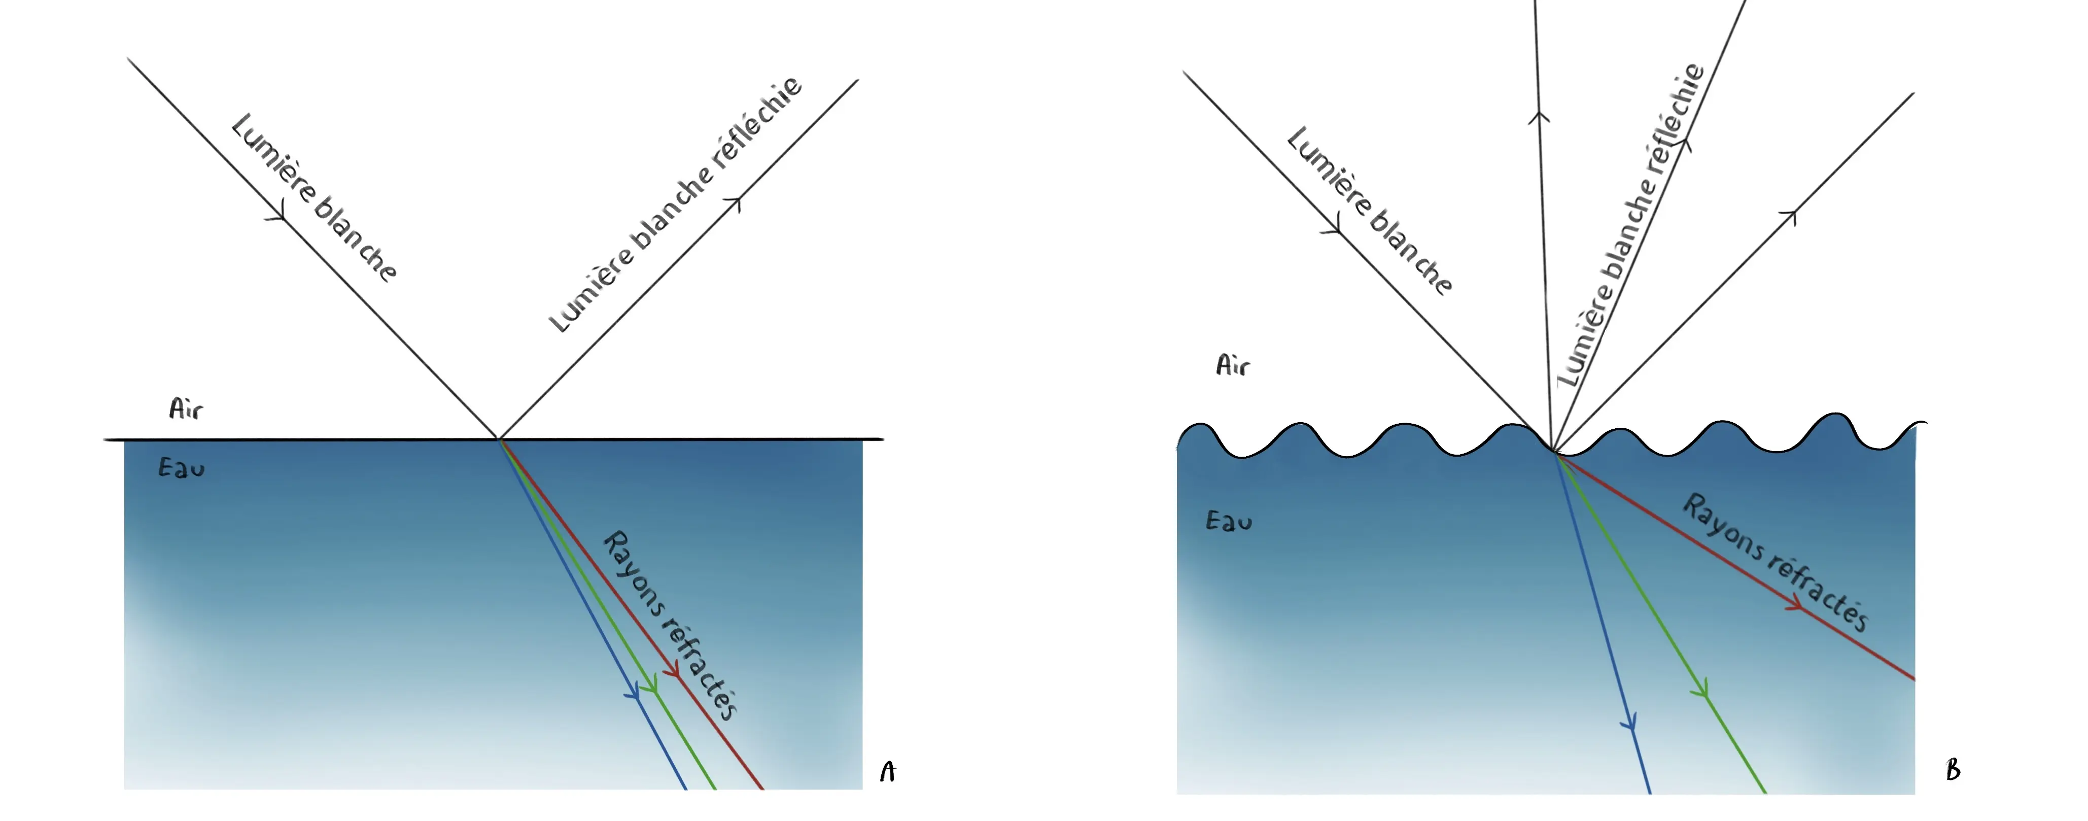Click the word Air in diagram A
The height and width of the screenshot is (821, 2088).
click(186, 408)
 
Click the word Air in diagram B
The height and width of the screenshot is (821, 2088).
click(1232, 365)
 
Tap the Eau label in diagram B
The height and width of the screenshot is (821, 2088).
click(1229, 520)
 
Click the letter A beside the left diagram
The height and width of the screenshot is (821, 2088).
click(888, 772)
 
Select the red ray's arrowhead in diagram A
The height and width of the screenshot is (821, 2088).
click(672, 671)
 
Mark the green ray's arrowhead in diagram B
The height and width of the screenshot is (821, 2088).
click(1700, 691)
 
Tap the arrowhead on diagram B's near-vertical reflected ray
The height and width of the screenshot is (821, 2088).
click(1539, 118)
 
